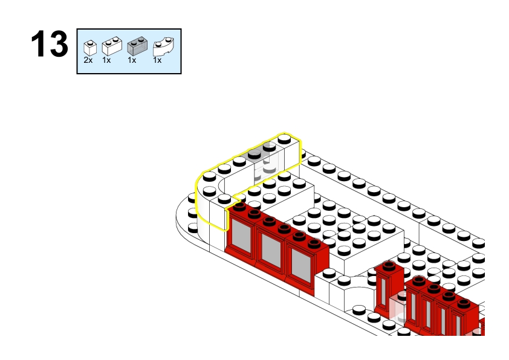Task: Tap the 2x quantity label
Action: click(88, 60)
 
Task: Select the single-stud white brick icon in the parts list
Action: click(90, 47)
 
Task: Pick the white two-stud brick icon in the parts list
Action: click(112, 46)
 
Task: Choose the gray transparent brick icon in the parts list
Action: click(137, 46)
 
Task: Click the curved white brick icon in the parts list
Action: click(163, 47)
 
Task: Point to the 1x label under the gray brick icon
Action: click(132, 60)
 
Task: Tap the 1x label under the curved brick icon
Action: click(157, 60)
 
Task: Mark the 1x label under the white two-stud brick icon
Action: click(106, 60)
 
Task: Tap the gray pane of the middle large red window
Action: click(271, 251)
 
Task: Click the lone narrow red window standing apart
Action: click(388, 288)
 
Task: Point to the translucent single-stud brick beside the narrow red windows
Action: click(398, 308)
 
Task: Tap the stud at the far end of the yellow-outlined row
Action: click(284, 139)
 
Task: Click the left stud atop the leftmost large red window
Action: click(239, 206)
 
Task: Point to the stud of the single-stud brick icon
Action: click(90, 42)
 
